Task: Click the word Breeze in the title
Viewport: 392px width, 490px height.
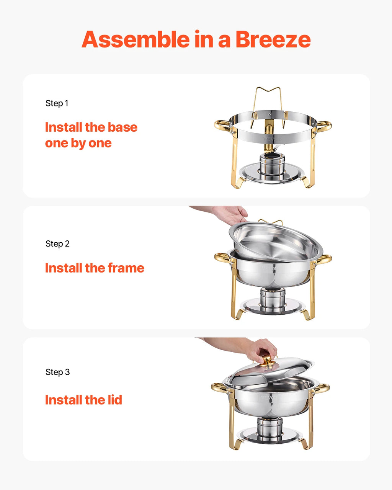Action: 273,39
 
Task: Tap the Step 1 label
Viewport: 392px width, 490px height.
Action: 57,103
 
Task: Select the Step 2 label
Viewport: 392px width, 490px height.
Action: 57,244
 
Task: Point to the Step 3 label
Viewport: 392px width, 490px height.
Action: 57,372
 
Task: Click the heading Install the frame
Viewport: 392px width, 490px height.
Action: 95,268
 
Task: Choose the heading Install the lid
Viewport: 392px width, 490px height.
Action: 83,400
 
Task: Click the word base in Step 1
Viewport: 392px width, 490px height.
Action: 122,127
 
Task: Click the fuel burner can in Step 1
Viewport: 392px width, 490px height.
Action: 272,164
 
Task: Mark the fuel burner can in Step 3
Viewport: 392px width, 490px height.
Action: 269,428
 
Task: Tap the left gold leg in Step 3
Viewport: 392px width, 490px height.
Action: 232,425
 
